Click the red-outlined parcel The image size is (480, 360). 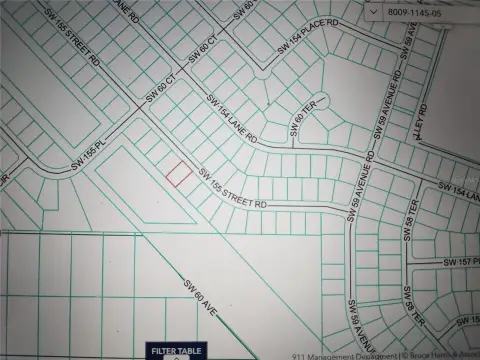(x=177, y=173)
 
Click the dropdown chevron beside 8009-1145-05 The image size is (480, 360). (x=372, y=11)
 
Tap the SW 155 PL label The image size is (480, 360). (x=87, y=163)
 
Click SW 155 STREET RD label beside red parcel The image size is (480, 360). (x=233, y=188)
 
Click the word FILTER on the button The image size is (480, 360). (x=162, y=351)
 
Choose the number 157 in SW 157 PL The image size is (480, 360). (x=462, y=261)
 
